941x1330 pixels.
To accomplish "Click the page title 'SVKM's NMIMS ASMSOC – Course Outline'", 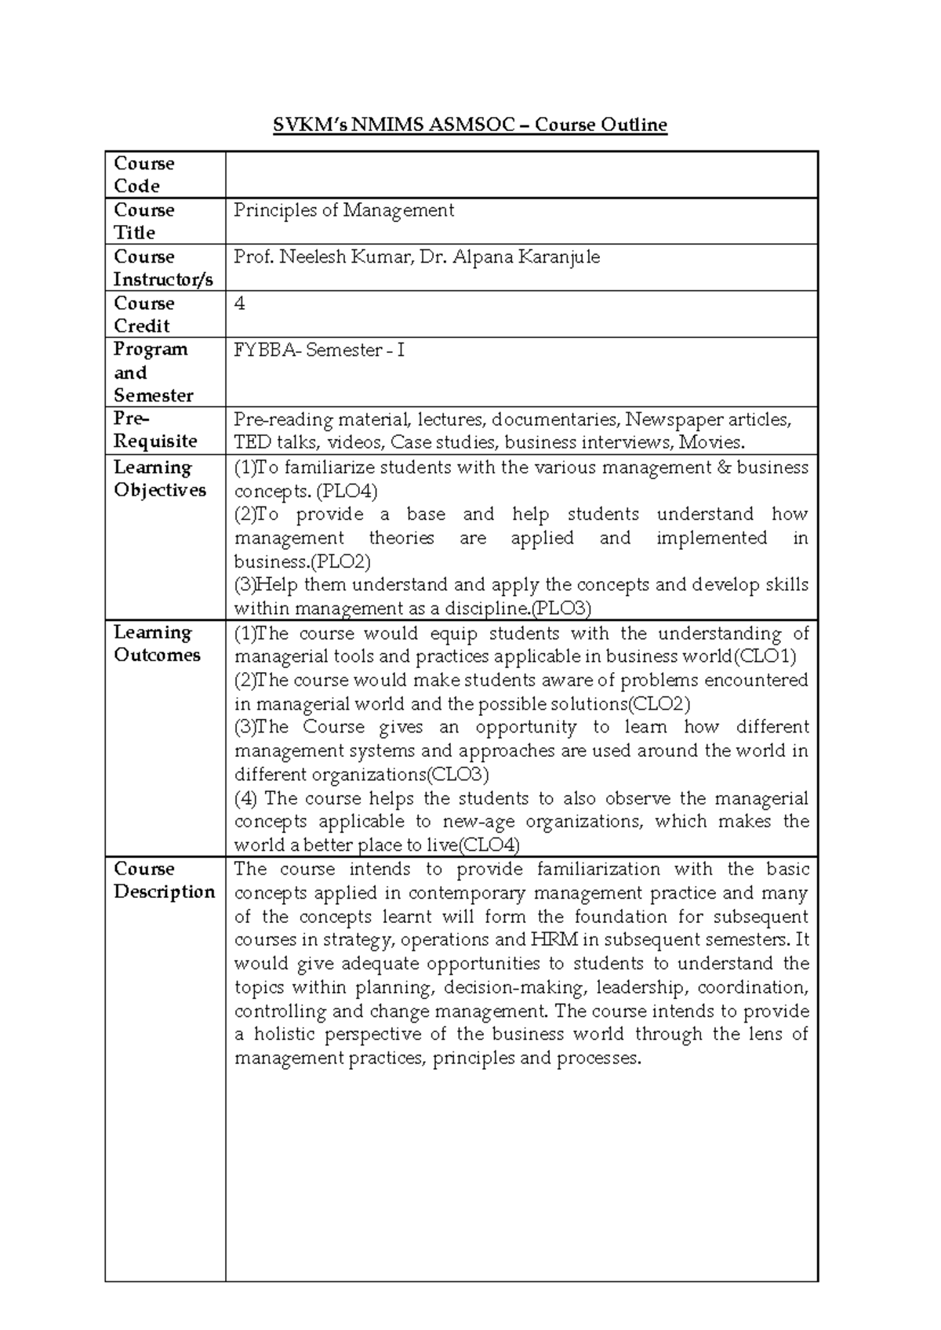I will pyautogui.click(x=470, y=125).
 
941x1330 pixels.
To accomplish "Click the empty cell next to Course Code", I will pyautogui.click(x=521, y=175).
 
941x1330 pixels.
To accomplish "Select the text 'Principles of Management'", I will pyautogui.click(x=343, y=210).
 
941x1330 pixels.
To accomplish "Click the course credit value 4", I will pyautogui.click(x=240, y=303).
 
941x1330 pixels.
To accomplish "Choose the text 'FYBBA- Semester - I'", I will pyautogui.click(x=319, y=351).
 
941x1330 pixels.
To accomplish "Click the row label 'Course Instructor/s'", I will pyautogui.click(x=162, y=268).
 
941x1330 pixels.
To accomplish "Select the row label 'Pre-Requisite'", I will pyautogui.click(x=155, y=431).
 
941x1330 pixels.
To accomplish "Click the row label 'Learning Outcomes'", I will pyautogui.click(x=157, y=644).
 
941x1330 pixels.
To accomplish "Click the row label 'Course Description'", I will pyautogui.click(x=164, y=881).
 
